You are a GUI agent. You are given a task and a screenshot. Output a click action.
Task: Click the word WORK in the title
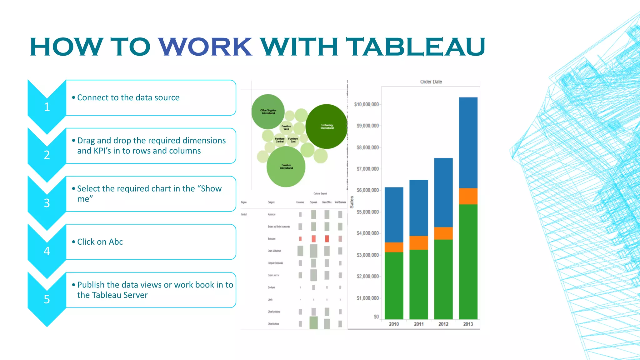(x=205, y=47)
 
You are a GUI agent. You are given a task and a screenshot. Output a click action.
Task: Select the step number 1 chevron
(x=47, y=107)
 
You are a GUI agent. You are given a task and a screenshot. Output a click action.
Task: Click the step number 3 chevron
(x=47, y=203)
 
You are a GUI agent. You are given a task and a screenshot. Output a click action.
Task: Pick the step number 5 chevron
(x=47, y=299)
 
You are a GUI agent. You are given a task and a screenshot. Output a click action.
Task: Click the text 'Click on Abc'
(x=100, y=242)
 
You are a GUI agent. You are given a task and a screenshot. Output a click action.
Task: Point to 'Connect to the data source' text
(x=128, y=97)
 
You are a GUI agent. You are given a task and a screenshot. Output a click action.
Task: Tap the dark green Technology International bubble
(x=327, y=126)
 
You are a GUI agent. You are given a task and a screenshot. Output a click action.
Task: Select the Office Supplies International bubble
(x=268, y=112)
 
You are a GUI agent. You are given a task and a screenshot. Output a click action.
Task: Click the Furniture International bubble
(x=286, y=167)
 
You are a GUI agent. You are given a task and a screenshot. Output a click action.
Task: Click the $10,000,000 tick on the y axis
(x=366, y=104)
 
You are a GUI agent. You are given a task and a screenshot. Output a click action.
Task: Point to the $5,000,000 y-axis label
(x=367, y=212)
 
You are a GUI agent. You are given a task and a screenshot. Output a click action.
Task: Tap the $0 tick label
(x=376, y=317)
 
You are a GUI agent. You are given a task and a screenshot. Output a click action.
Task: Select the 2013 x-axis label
(x=468, y=324)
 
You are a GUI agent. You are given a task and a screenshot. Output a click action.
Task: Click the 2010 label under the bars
(x=394, y=324)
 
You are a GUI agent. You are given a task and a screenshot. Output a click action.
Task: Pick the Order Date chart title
(x=431, y=82)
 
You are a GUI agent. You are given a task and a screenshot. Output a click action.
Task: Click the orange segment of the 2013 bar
(x=468, y=196)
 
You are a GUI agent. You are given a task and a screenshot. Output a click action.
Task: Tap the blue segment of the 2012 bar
(x=443, y=192)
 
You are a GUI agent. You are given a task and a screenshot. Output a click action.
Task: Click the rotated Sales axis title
(x=352, y=202)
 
